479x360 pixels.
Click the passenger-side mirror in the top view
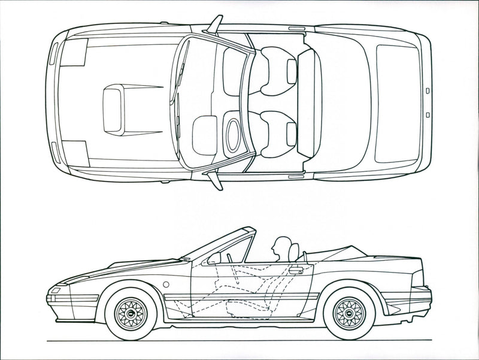click(x=214, y=25)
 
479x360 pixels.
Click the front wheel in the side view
click(x=131, y=313)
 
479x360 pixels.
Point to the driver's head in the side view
click(x=278, y=246)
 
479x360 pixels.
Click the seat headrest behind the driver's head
click(x=293, y=252)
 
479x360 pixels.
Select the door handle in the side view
click(x=294, y=271)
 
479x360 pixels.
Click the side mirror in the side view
click(x=213, y=259)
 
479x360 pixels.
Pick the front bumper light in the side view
click(x=54, y=291)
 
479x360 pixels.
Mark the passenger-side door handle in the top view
click(x=295, y=28)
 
